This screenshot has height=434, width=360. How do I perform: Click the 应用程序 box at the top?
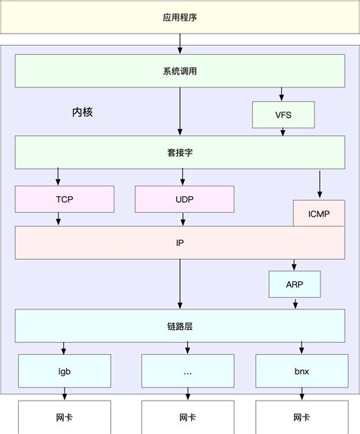pos(180,17)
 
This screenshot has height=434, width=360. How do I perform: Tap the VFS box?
pos(283,115)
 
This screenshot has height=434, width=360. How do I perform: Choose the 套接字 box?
pos(180,152)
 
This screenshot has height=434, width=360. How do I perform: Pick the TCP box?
pos(65,198)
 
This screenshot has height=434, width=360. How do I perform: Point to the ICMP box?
pos(318,214)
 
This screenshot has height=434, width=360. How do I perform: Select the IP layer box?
pos(180,242)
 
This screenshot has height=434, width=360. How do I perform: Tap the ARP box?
pos(294,284)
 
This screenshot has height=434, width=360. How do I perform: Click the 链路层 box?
pos(180,325)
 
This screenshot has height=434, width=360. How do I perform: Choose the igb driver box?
pos(65,372)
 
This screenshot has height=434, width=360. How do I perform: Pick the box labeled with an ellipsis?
pos(187,372)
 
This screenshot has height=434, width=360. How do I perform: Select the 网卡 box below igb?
pos(65,417)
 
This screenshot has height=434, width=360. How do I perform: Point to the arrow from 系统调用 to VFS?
pos(283,94)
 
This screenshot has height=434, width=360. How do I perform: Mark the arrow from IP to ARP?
pos(294,265)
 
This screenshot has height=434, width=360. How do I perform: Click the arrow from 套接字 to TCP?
pos(58,177)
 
